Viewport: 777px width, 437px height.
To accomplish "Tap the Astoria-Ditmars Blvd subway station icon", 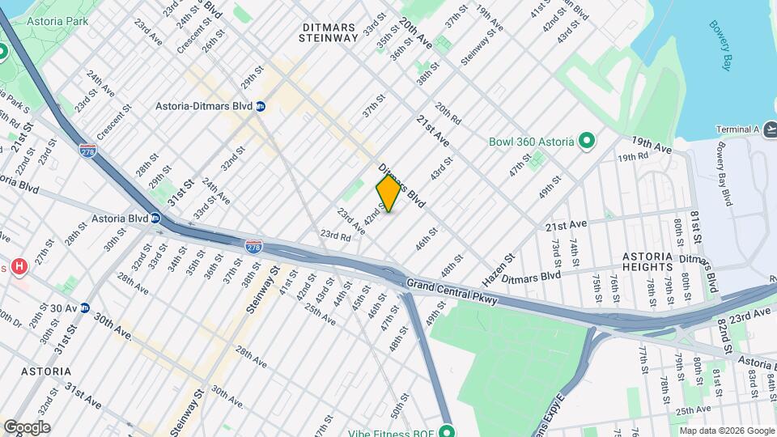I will tap(261, 106).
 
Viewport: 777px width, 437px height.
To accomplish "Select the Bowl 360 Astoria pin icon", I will tap(588, 142).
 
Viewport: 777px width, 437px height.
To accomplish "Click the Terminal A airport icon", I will tap(770, 129).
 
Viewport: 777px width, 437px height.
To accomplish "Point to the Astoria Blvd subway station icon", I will tap(155, 218).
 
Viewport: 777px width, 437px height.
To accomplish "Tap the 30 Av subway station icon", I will tap(84, 308).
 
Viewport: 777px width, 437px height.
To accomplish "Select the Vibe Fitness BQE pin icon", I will tap(447, 431).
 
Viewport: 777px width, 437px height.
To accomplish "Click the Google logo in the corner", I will tap(27, 427).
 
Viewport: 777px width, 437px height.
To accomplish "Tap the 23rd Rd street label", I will tap(334, 235).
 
